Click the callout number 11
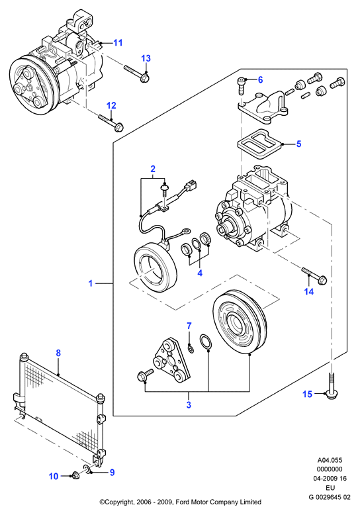click(x=118, y=43)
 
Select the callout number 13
click(x=146, y=58)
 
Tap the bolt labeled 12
click(x=111, y=122)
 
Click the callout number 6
click(x=260, y=80)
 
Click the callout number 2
click(x=153, y=169)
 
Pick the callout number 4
click(x=200, y=273)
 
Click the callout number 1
click(x=91, y=283)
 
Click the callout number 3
click(x=189, y=405)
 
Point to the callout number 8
click(x=58, y=353)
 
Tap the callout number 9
click(x=112, y=473)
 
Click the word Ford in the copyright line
click(x=183, y=502)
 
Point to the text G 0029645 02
click(x=330, y=497)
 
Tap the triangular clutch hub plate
click(x=171, y=361)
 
